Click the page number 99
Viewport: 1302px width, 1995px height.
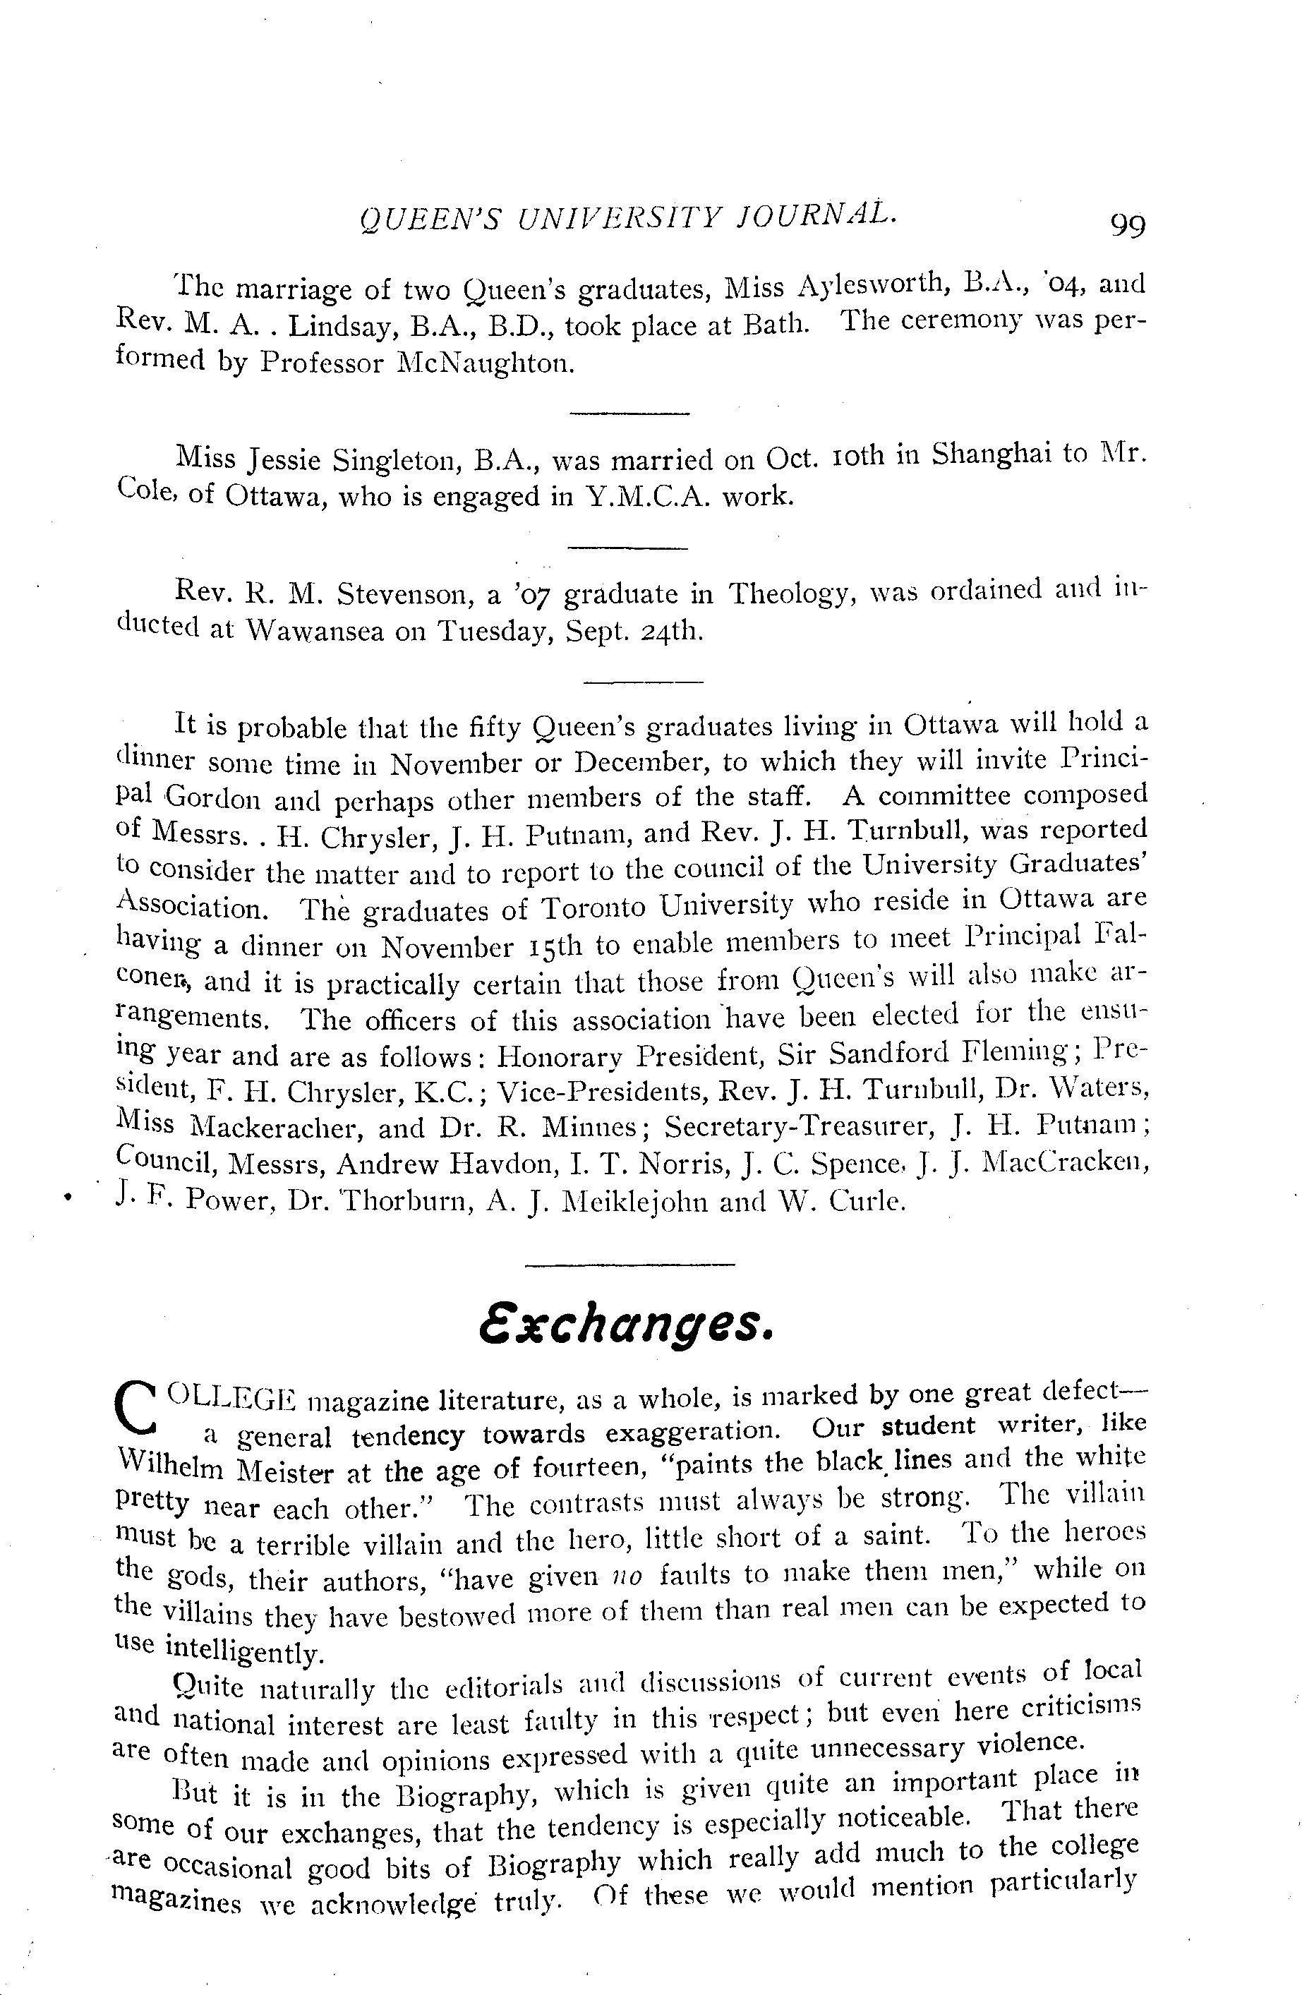[1127, 224]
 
